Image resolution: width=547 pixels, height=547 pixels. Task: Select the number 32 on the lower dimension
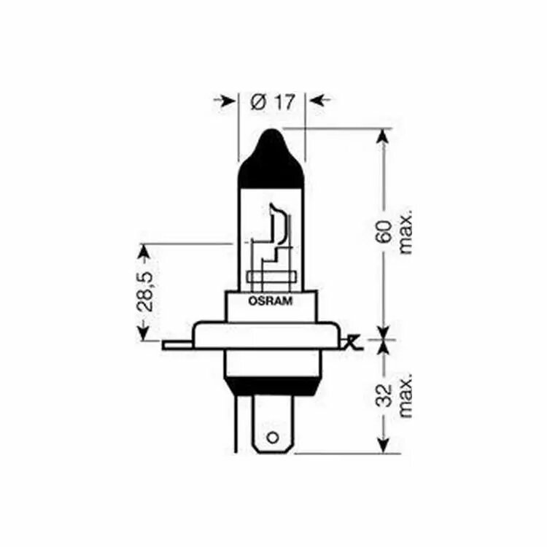click(x=385, y=395)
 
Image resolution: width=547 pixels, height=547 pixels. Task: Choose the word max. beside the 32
click(x=406, y=395)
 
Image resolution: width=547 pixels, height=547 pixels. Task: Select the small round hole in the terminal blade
click(x=273, y=438)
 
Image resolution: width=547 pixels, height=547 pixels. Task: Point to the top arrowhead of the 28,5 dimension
click(x=143, y=252)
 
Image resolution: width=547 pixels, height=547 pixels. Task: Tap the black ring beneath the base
click(x=271, y=387)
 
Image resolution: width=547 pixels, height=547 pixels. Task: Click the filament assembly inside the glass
click(x=271, y=244)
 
